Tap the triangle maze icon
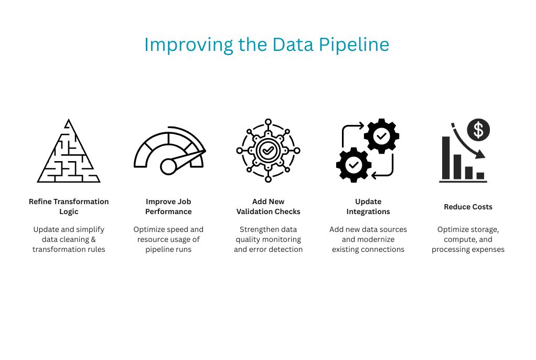click(x=68, y=152)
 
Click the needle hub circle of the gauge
click(x=168, y=166)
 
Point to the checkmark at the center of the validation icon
click(x=268, y=151)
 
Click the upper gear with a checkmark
click(x=381, y=136)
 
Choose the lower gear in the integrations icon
click(x=353, y=165)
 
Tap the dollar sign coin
click(x=478, y=130)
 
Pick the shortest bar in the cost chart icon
click(x=480, y=176)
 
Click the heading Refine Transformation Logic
click(x=69, y=207)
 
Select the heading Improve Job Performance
click(x=168, y=207)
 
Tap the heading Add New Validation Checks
click(x=268, y=207)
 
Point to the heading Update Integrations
click(x=368, y=207)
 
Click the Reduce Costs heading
click(x=468, y=207)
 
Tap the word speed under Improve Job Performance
click(x=178, y=229)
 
